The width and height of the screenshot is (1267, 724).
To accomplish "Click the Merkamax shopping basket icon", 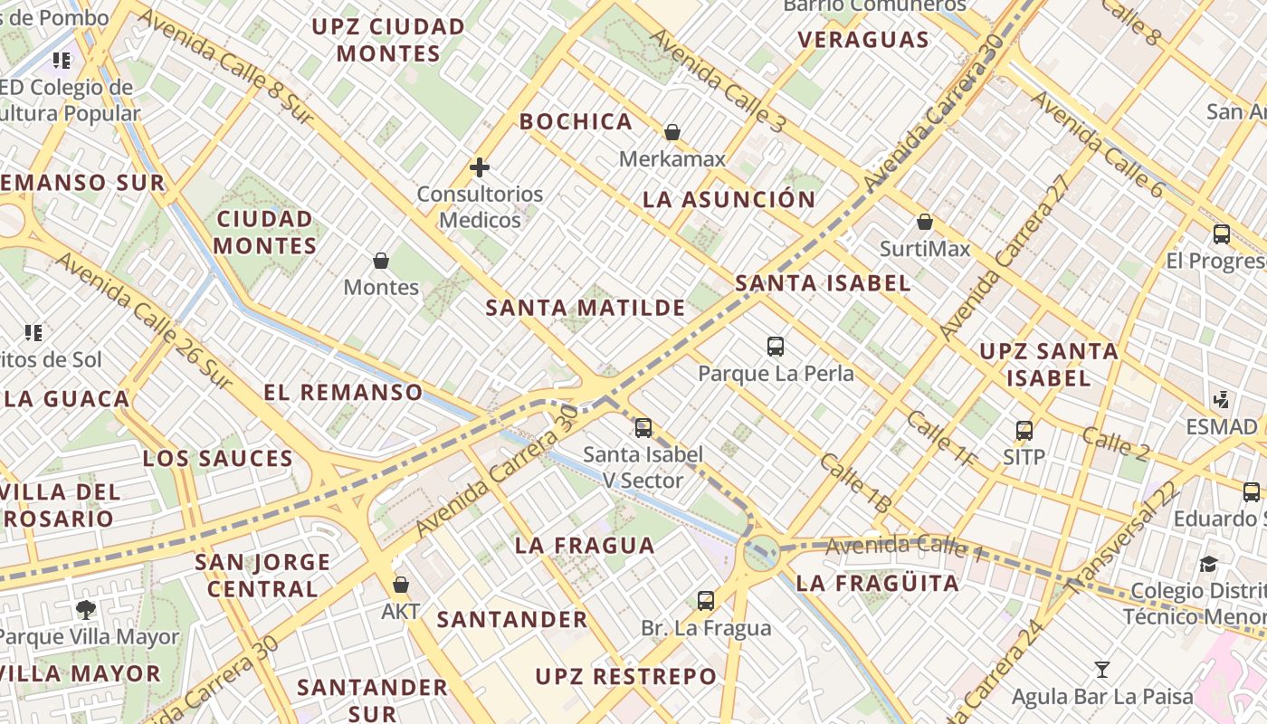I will click(672, 132).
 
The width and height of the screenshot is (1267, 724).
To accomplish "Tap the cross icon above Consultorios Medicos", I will click(480, 167).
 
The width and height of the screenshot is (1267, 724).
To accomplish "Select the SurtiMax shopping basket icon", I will click(925, 222).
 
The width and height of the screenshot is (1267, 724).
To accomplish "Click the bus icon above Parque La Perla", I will click(776, 346).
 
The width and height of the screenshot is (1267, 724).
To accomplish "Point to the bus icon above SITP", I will click(1024, 431).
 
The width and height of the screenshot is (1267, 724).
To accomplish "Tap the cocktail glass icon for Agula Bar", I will click(1102, 670).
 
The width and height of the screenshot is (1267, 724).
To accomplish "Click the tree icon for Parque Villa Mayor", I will click(87, 609).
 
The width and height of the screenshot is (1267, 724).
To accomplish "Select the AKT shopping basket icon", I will click(401, 585).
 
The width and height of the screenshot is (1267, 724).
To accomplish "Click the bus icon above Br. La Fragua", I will click(706, 600).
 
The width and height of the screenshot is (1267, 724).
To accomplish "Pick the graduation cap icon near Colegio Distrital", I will click(1209, 565).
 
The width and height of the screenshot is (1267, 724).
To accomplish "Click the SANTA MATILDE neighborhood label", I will click(586, 308).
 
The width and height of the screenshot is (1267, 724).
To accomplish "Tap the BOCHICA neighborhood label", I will click(576, 121).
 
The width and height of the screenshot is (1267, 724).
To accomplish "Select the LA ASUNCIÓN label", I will click(729, 200).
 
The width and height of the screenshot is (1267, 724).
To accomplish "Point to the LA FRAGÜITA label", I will click(877, 584).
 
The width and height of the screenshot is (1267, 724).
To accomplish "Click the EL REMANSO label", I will click(343, 392).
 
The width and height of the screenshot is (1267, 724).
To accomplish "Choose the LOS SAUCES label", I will click(218, 458).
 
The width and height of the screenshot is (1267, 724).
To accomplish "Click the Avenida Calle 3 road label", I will click(717, 81).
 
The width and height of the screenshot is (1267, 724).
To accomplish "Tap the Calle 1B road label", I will click(855, 484).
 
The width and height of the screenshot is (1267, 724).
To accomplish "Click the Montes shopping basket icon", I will click(381, 261).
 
